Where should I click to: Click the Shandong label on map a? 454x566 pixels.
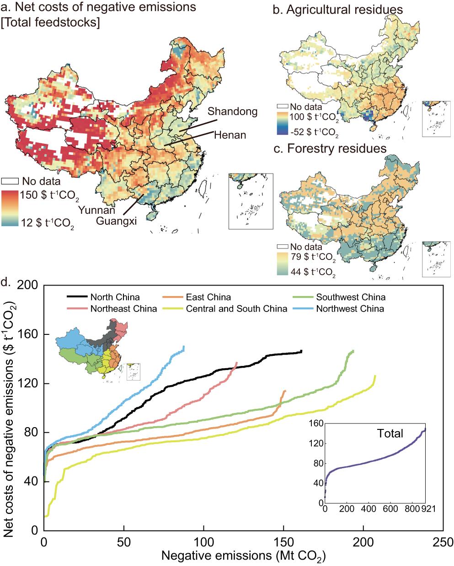[x=232, y=111]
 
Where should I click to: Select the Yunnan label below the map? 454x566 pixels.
[x=96, y=211]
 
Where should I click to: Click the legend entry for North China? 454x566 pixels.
[x=115, y=297]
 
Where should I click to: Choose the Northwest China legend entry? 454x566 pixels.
[x=350, y=308]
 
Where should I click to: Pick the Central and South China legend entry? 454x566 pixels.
[x=236, y=308]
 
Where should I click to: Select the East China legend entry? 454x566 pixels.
[x=208, y=297]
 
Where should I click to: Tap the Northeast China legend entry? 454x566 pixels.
[x=123, y=308]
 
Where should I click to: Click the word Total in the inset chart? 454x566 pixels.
[x=390, y=433]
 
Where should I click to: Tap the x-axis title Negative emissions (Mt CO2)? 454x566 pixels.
[x=243, y=555]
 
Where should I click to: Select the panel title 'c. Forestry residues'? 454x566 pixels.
[x=329, y=148]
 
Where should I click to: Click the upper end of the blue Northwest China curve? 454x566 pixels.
[x=183, y=347]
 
